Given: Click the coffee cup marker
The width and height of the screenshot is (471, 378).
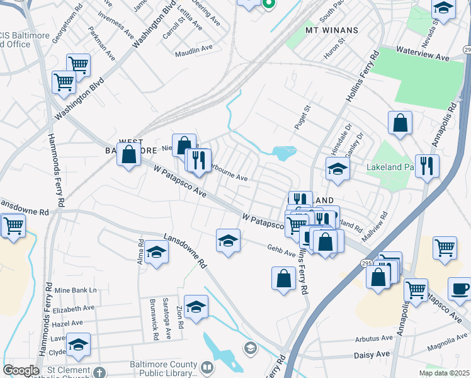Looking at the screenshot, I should point(459,289).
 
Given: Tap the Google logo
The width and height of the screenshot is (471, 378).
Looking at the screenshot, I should point(21,370).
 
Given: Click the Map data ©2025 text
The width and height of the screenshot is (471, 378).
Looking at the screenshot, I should point(445,373).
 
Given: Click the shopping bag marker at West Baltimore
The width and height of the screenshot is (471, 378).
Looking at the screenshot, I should point(129,154).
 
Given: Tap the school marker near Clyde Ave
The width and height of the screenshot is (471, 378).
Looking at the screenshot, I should point(79,345).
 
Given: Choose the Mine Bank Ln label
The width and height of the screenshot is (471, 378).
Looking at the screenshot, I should point(76,290).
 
